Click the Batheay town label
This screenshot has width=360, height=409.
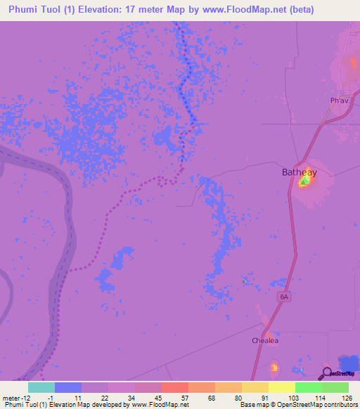click(300, 172)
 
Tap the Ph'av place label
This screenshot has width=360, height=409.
click(340, 100)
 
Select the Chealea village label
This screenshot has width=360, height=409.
click(266, 341)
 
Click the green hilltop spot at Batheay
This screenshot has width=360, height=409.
click(304, 182)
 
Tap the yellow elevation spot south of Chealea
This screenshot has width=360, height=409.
click(274, 367)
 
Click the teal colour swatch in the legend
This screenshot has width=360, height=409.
click(41, 387)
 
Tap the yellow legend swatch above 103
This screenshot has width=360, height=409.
click(282, 387)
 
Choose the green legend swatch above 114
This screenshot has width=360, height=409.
click(309, 387)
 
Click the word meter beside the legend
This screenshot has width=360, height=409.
click(12, 397)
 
